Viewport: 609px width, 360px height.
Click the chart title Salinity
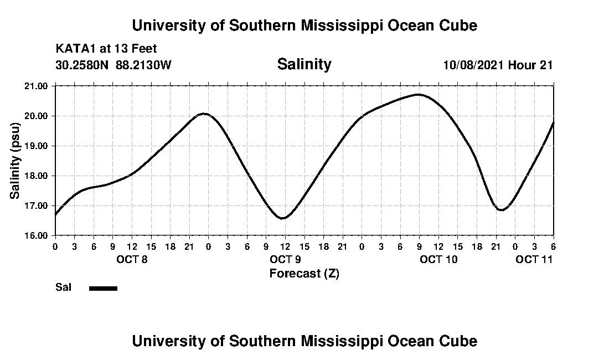[x=304, y=64]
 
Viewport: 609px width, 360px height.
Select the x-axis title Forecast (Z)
[x=304, y=274]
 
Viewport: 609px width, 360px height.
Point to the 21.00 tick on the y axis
[x=37, y=86]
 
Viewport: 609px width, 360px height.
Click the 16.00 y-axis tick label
[x=37, y=235]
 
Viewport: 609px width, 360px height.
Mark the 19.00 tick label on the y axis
[x=37, y=146]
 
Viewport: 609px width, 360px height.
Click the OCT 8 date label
[x=131, y=259]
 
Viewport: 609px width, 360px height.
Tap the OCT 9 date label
[x=285, y=259]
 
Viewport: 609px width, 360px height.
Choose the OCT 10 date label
[x=438, y=259]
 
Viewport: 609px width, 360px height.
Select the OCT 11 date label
[x=534, y=259]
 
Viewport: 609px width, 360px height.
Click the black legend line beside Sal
[x=103, y=288]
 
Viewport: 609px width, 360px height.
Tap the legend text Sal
[x=62, y=287]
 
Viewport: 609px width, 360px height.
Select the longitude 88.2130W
[x=143, y=65]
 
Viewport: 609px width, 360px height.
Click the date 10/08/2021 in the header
[x=473, y=65]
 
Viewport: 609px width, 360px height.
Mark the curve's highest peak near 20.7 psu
[x=419, y=95]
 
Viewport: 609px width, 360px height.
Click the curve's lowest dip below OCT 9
[x=282, y=218]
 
